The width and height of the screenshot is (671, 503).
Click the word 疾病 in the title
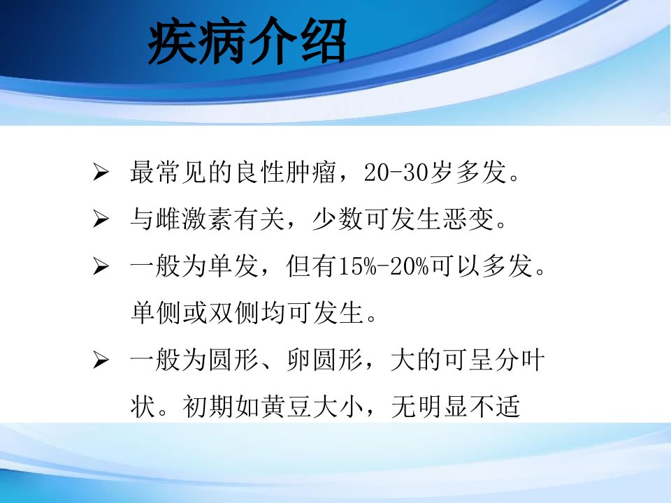click(x=198, y=41)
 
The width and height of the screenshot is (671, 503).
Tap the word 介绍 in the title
click(x=297, y=41)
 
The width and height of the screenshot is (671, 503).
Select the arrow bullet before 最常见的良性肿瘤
click(x=101, y=173)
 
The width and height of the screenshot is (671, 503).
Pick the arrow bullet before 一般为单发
click(x=101, y=266)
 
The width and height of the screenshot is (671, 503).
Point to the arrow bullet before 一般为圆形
click(x=101, y=360)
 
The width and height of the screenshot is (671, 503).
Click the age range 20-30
click(x=396, y=173)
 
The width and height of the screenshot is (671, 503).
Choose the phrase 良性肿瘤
click(x=285, y=173)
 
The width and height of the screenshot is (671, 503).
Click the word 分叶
click(x=519, y=360)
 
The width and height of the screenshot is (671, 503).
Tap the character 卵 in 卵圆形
click(x=298, y=360)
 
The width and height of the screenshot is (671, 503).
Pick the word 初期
click(x=208, y=407)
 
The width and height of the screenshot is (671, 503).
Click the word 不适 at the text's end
click(x=494, y=407)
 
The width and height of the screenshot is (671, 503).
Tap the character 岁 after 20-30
click(x=442, y=173)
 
